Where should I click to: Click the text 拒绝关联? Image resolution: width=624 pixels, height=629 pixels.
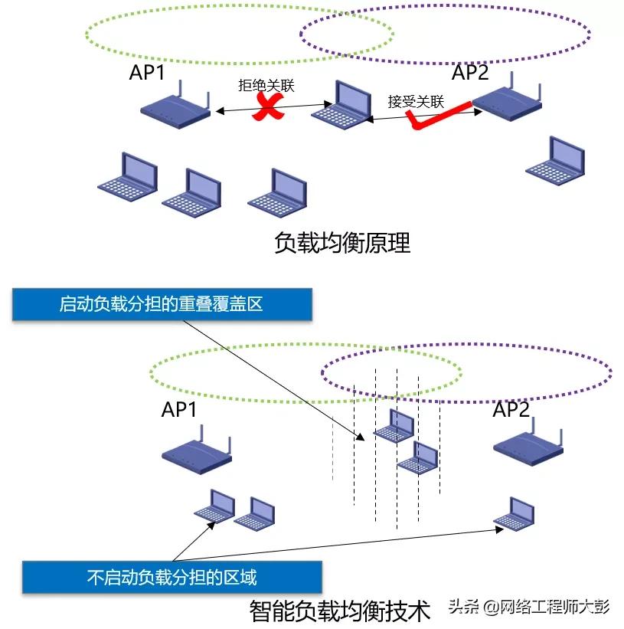tap(266, 86)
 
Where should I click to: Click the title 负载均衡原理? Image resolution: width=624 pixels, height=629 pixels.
tap(341, 243)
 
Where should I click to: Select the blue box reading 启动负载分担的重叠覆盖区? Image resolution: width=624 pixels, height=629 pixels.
tap(162, 304)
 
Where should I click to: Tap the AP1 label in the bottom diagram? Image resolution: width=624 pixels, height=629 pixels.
tap(179, 410)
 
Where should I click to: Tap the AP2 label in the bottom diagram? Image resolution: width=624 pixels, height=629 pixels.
tap(511, 410)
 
